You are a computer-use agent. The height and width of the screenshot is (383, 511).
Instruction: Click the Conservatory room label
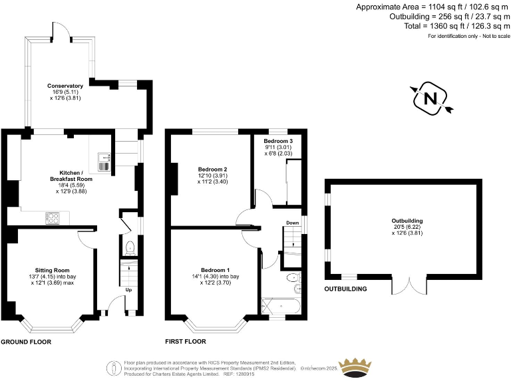point(65,86)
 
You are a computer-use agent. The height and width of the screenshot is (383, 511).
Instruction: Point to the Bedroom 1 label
point(212,270)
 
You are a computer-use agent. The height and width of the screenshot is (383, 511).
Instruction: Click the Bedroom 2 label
point(212,169)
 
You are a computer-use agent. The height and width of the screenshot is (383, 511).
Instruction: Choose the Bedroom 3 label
point(277,142)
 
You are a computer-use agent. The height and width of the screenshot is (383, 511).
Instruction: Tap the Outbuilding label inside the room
point(407,221)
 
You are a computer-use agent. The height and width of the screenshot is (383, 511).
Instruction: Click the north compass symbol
point(430,99)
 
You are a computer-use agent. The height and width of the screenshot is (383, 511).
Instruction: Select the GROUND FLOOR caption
point(26,342)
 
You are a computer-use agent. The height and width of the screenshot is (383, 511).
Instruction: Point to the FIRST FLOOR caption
point(186,342)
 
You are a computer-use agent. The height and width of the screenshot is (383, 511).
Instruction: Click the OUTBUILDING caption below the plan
point(345,289)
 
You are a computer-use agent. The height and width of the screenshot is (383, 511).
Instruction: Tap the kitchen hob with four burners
point(53,216)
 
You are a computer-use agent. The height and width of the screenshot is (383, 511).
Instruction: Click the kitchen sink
point(104,160)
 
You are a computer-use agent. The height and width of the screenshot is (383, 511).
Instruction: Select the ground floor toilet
point(130,249)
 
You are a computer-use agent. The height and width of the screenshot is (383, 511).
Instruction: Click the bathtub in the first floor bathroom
point(281,307)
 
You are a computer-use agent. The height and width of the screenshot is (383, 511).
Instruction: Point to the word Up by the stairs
point(128,290)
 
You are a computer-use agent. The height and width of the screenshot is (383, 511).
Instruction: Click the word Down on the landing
point(292,223)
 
